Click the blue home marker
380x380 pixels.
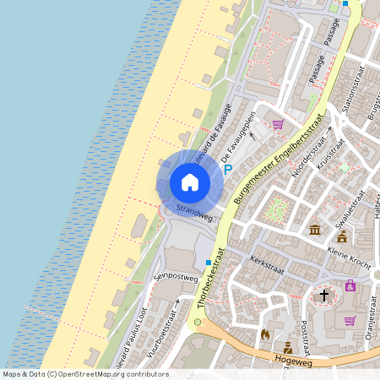click(190, 182)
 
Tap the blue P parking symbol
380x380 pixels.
click(228, 169)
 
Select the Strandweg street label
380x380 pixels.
click(194, 211)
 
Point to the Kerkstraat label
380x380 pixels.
click(269, 267)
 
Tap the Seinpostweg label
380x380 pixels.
click(176, 277)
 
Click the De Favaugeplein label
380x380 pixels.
click(238, 138)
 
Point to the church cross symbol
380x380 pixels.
click(323, 296)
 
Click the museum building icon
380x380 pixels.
click(315, 231)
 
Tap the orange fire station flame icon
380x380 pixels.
click(265, 334)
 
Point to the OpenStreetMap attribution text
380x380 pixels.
click(85, 373)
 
